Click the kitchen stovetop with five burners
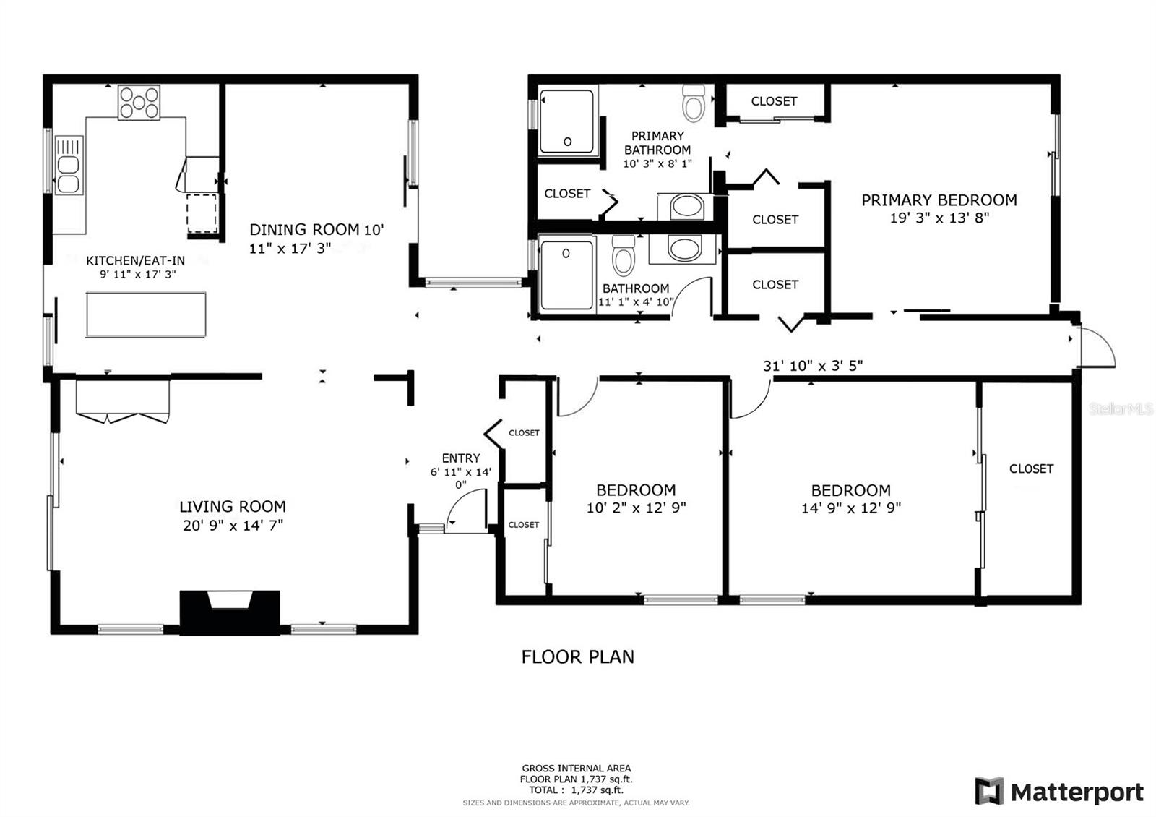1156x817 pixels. point(139,102)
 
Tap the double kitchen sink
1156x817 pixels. point(69,165)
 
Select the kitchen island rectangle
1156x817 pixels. point(146,315)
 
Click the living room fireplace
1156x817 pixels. point(230,612)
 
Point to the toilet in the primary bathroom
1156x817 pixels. point(694,103)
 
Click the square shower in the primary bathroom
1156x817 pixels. point(566,121)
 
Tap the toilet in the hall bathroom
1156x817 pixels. point(623,255)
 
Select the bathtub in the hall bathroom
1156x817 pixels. point(566,275)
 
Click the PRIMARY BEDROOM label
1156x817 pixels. point(939,200)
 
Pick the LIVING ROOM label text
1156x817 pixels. point(233,506)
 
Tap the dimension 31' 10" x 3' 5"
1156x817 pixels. point(813,366)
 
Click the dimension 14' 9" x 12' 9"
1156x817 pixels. point(851,508)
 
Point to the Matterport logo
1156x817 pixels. point(1059,792)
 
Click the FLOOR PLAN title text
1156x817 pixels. point(577,657)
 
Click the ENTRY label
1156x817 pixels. point(461,458)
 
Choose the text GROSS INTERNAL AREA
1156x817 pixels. point(577,769)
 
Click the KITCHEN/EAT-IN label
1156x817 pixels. point(135,261)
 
